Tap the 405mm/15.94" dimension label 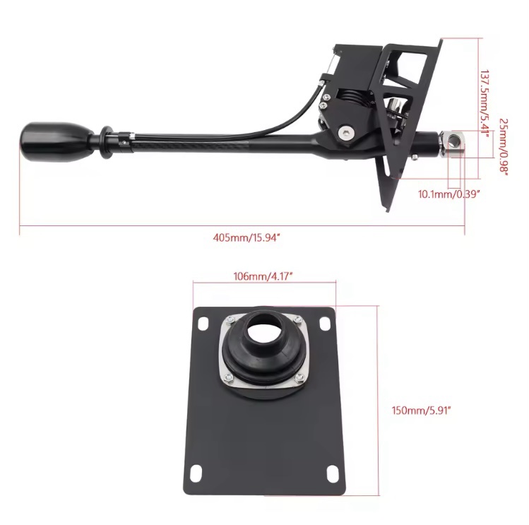coord(246,237)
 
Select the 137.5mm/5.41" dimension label coord(485,104)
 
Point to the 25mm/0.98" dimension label coord(504,147)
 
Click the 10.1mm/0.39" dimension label coord(448,194)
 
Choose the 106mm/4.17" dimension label coord(263,276)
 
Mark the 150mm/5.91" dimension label coord(421,411)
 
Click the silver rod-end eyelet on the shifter coord(453,143)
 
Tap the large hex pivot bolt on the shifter coord(346,132)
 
